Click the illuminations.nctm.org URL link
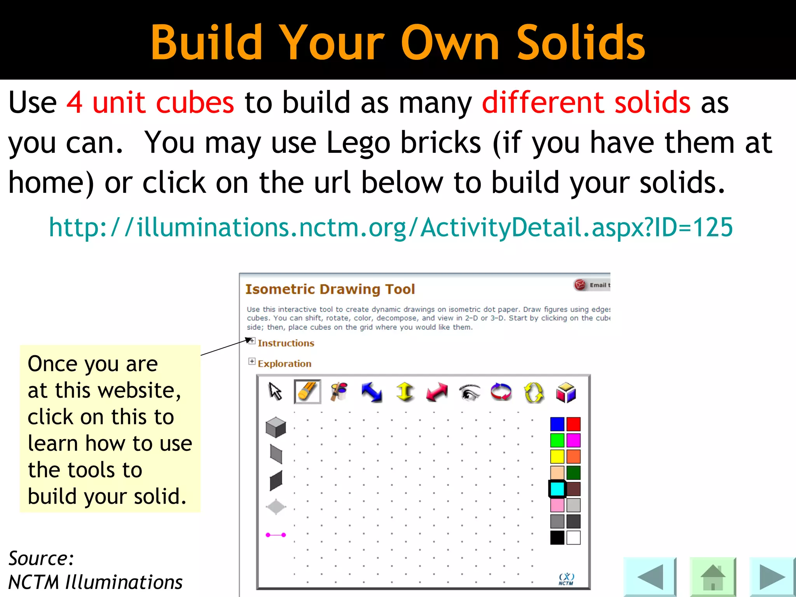coord(391,227)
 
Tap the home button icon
coord(713,577)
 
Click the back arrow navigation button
coord(650,577)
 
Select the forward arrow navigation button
coord(772,577)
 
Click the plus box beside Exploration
coord(252,361)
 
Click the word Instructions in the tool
coord(286,343)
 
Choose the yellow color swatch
coord(557,456)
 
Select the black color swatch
coord(557,538)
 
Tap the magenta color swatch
coord(573,440)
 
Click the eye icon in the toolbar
coord(469,392)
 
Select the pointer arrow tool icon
coord(275,391)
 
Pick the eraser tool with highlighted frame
coord(307,391)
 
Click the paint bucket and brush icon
coord(339,391)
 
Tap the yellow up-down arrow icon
coord(405,392)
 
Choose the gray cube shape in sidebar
coord(276,427)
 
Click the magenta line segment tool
coord(276,535)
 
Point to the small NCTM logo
coord(566,579)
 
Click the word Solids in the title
coord(581,42)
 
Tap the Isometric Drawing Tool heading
coord(330,289)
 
